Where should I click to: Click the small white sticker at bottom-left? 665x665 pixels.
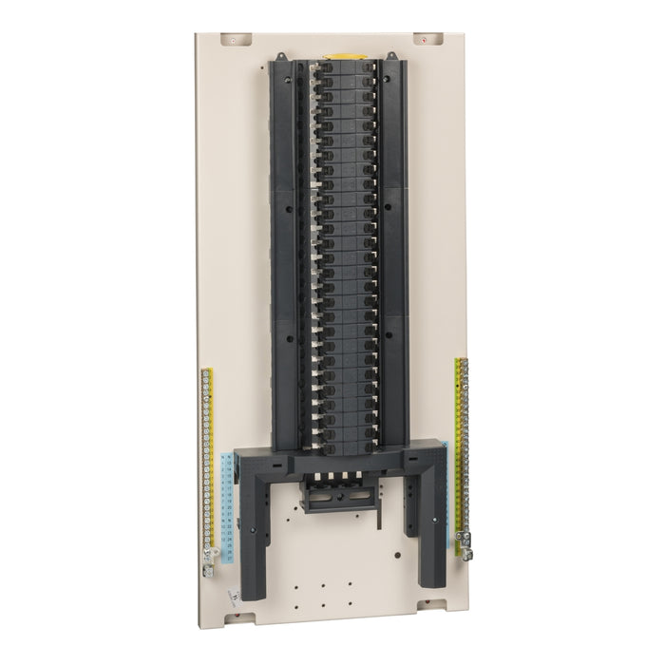[233, 595]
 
